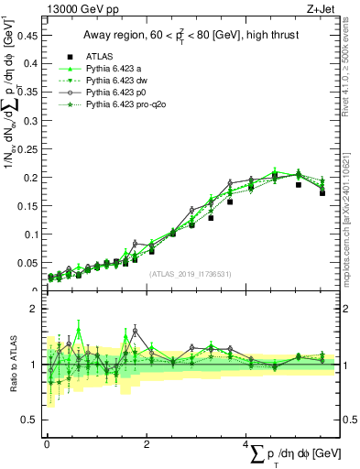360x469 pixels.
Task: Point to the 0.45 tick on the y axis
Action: (27, 38)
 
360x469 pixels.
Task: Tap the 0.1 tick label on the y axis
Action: (31, 234)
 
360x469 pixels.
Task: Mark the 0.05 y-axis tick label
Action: (27, 263)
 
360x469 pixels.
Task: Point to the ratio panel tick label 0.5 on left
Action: (31, 420)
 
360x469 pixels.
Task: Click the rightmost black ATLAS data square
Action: (322, 193)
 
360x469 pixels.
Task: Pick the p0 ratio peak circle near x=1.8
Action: (135, 331)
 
